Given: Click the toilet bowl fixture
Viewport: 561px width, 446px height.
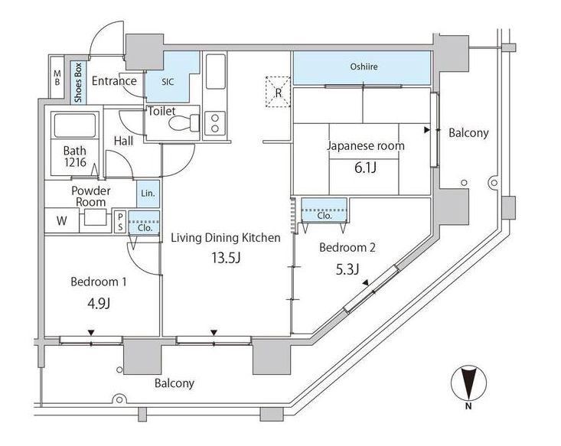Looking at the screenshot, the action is pyautogui.click(x=184, y=123).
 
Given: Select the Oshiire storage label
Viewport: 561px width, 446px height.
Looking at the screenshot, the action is pyautogui.click(x=364, y=67).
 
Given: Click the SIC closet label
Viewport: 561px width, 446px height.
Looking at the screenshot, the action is pyautogui.click(x=168, y=82).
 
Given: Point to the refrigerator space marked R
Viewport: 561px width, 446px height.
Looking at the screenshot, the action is pyautogui.click(x=278, y=92).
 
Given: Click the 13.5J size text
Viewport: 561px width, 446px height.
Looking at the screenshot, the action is pyautogui.click(x=226, y=258).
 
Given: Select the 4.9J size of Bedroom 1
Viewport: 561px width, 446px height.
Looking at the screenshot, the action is pyautogui.click(x=99, y=303).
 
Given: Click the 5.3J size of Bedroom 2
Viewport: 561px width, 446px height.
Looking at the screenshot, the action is pyautogui.click(x=347, y=269).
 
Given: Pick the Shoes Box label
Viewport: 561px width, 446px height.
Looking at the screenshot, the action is pyautogui.click(x=78, y=83).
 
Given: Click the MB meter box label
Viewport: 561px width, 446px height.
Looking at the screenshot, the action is pyautogui.click(x=57, y=77).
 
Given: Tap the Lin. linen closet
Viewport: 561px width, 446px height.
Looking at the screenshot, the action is pyautogui.click(x=148, y=194).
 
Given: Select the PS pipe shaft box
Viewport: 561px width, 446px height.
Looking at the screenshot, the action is pyautogui.click(x=120, y=222).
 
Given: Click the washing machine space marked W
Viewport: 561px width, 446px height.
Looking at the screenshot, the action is pyautogui.click(x=61, y=220).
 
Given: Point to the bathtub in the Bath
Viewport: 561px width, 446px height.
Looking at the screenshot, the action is pyautogui.click(x=75, y=125).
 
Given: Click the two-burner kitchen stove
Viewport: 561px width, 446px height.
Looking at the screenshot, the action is pyautogui.click(x=214, y=123).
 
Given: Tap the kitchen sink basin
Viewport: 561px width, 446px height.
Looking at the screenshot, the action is pyautogui.click(x=216, y=72).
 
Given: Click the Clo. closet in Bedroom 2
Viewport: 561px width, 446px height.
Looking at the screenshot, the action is pyautogui.click(x=325, y=211).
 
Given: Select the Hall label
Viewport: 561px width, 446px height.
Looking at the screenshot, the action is pyautogui.click(x=123, y=142).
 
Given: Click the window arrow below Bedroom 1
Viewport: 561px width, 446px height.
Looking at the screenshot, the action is pyautogui.click(x=91, y=333).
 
